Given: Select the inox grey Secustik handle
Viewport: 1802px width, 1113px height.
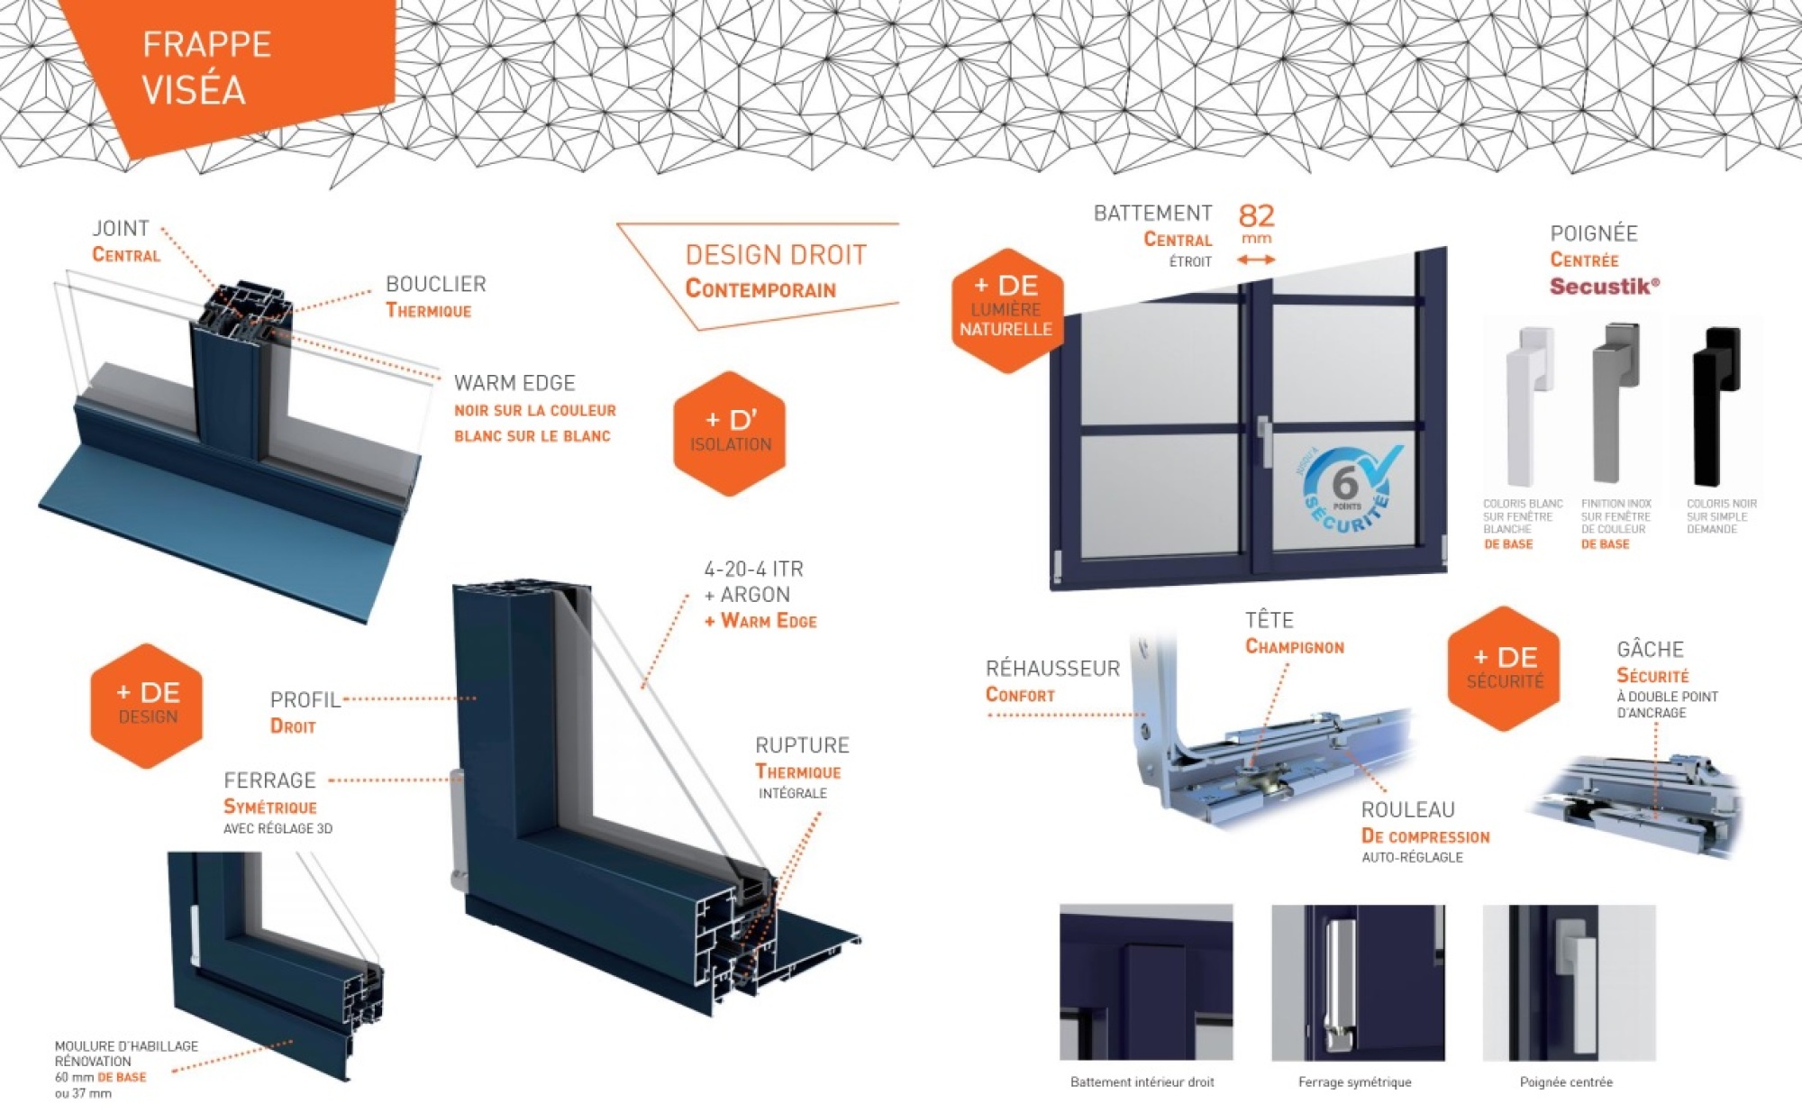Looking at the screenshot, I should (1612, 401).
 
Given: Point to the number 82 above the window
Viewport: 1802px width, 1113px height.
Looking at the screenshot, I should (1256, 216).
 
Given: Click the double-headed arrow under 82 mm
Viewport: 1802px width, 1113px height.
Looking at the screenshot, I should (1256, 260).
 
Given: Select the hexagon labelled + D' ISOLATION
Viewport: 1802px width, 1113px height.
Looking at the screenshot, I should (730, 433).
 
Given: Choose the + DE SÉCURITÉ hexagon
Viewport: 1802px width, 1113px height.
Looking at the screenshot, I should (1504, 668).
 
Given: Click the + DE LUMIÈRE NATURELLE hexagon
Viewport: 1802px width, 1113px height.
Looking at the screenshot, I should (1007, 309).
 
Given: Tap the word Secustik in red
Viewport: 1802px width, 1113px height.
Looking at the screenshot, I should (1603, 287).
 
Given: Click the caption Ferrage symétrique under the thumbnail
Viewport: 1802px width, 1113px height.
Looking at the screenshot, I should (1354, 1081).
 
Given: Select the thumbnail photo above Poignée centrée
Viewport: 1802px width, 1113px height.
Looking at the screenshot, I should (1569, 982).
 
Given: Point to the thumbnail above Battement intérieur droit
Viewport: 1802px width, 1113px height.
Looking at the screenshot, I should (1145, 982).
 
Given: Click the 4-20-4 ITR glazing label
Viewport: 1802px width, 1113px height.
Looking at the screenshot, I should (753, 569).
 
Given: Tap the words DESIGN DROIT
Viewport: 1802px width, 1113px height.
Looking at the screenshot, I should (776, 255).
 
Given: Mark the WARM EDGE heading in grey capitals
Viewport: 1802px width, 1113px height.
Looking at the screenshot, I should (514, 383).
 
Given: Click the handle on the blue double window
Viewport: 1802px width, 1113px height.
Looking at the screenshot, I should (1265, 442).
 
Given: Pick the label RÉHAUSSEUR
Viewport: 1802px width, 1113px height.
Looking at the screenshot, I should (1052, 668).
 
